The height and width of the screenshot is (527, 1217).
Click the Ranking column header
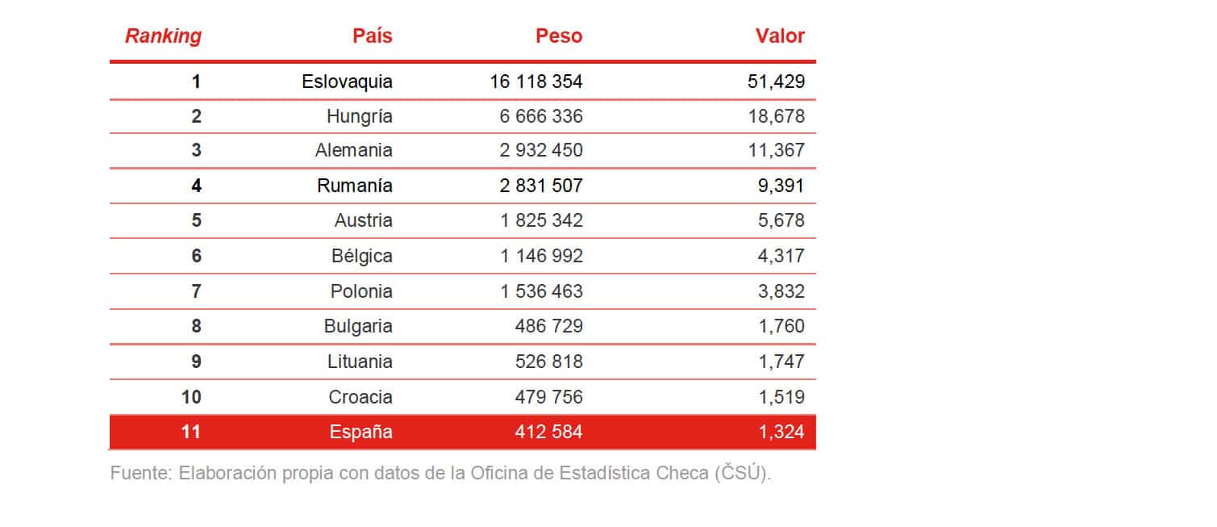(x=163, y=36)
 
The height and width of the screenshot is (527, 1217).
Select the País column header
(x=372, y=36)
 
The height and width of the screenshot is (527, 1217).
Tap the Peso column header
(x=559, y=36)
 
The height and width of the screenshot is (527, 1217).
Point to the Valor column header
(x=780, y=36)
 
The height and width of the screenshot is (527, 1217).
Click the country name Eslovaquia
(x=347, y=82)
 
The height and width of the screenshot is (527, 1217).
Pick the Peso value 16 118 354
(x=536, y=82)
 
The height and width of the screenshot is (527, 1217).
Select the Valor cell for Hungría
(x=777, y=116)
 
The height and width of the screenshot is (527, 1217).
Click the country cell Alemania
(x=354, y=151)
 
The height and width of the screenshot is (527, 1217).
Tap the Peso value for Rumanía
(x=540, y=186)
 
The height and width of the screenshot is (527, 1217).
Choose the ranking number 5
(x=196, y=221)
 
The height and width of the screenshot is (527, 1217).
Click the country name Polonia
(x=361, y=291)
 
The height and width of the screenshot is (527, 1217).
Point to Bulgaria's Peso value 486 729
(x=548, y=327)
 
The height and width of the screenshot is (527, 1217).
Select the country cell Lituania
(x=360, y=362)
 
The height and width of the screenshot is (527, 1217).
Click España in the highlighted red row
(x=361, y=433)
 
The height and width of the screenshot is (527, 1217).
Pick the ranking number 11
(x=190, y=433)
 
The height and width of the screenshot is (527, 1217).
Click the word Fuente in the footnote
(x=140, y=474)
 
